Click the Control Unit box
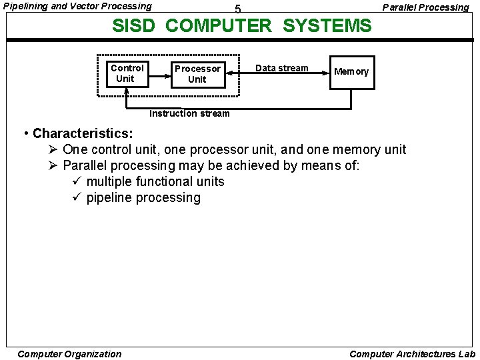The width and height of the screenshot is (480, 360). (127, 73)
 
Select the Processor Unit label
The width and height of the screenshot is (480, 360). (197, 74)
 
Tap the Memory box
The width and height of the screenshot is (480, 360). (351, 72)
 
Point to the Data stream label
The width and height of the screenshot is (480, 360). (282, 68)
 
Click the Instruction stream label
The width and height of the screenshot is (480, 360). (189, 113)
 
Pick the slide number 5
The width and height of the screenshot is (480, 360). (238, 10)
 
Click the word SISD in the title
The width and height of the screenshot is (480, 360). (135, 26)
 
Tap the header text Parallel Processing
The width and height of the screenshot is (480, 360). (425, 7)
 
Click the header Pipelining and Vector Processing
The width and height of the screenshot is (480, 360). (77, 6)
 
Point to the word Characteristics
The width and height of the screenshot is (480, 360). (83, 133)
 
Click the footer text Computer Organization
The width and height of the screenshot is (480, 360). (69, 354)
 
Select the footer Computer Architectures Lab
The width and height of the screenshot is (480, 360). (412, 354)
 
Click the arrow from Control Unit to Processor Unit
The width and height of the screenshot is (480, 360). (159, 74)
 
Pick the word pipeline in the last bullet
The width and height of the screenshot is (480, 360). (111, 198)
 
